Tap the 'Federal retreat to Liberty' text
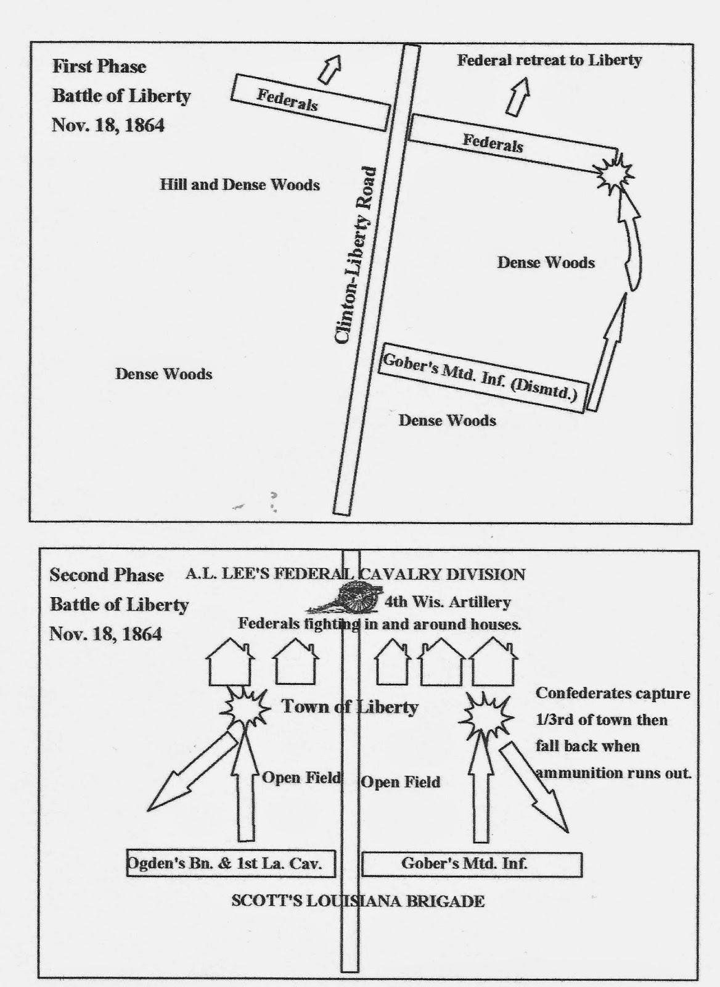(x=549, y=60)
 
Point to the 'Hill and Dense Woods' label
(x=240, y=184)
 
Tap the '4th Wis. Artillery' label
(x=447, y=602)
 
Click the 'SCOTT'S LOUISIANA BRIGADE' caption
(x=358, y=901)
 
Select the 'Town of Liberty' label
(x=350, y=707)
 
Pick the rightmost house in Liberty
(x=493, y=664)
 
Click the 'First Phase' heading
(x=99, y=67)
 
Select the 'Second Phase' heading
(x=107, y=575)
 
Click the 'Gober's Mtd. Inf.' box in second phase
(x=472, y=864)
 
